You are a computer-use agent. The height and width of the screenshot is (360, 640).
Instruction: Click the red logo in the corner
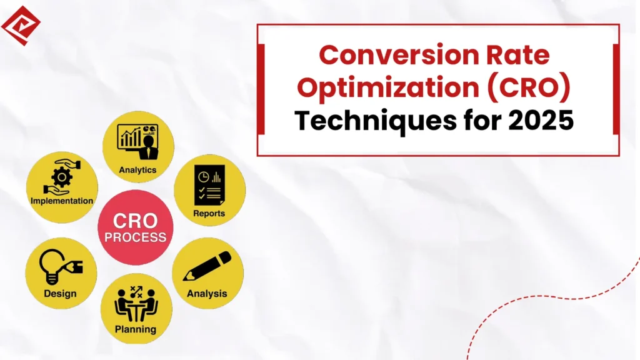coord(21,25)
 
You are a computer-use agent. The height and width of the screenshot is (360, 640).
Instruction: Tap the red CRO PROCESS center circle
coord(136,227)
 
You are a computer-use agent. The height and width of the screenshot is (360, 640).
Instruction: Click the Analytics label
coord(137,169)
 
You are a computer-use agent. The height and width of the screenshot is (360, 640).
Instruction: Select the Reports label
coord(209,213)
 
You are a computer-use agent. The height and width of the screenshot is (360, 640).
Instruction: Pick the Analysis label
coord(207,293)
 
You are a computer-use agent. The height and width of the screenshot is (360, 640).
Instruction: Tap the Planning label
coord(136,329)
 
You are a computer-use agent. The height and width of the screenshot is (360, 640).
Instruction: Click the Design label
coord(61,293)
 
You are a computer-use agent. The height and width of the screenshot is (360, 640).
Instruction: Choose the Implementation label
coord(62,201)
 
